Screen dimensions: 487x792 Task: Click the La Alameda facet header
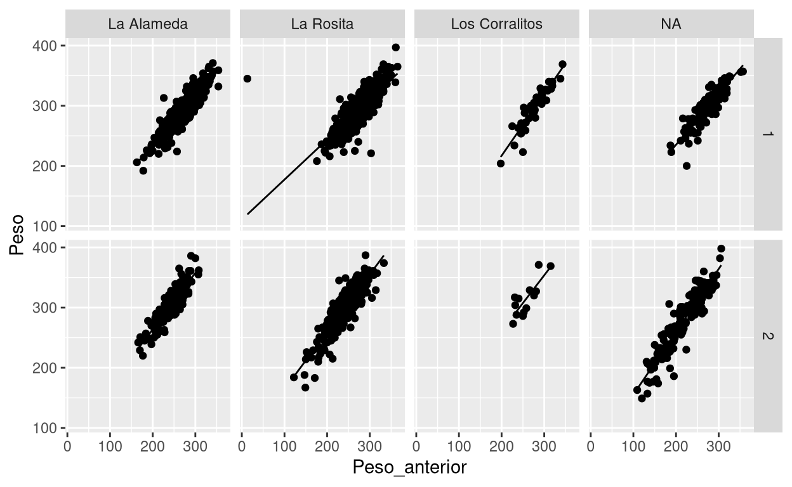[147, 25]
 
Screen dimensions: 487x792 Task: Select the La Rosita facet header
[322, 25]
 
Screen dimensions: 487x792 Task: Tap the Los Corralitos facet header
[496, 25]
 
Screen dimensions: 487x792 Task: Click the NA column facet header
[671, 25]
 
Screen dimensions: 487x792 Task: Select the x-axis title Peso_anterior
[409, 468]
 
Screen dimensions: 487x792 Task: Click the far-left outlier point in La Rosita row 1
[247, 79]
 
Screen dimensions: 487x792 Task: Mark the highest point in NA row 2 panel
[721, 249]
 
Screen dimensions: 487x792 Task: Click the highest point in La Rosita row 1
[396, 48]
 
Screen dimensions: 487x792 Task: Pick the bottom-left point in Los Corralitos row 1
[501, 164]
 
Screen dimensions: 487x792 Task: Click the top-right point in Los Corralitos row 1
[562, 64]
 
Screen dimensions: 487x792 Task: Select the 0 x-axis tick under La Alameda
[67, 446]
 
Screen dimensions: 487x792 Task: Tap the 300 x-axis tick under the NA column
[718, 446]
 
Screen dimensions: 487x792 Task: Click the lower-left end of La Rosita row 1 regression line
[247, 214]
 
